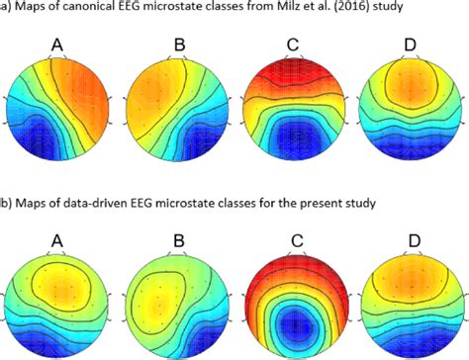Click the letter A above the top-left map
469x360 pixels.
click(60, 44)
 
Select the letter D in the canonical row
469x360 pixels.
click(411, 44)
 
